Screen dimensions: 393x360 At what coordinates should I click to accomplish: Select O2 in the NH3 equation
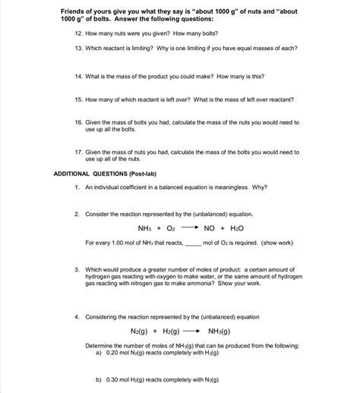click(171, 227)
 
